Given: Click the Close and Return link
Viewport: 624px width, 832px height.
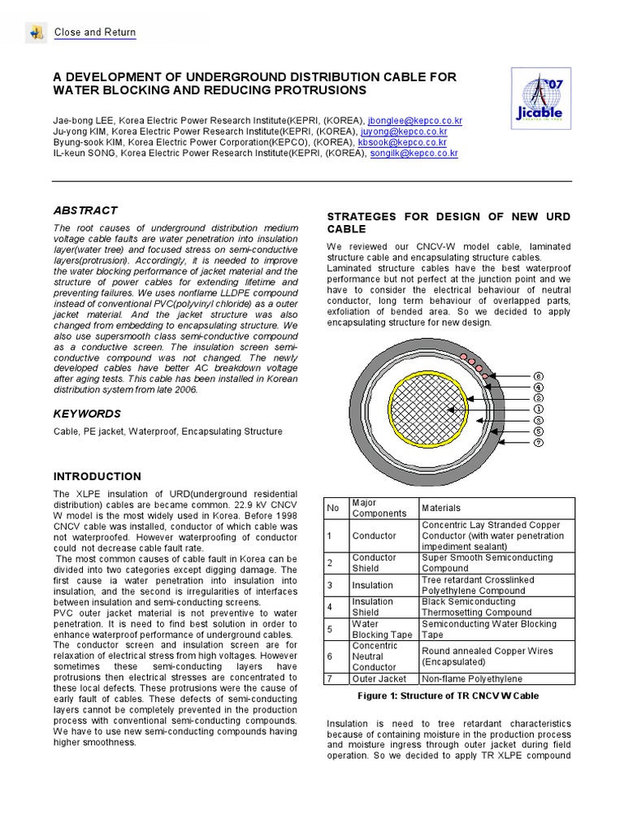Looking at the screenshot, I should [94, 32].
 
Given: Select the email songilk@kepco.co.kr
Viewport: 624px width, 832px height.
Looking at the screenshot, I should [414, 152].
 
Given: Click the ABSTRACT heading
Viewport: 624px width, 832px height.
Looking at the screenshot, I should [85, 210].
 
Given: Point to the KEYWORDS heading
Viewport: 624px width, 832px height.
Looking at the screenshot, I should [87, 414].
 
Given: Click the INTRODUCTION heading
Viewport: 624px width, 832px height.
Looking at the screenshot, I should [97, 476].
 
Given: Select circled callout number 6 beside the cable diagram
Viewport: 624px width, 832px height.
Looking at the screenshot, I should [538, 376].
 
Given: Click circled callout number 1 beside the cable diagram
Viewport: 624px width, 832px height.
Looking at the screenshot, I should [538, 409].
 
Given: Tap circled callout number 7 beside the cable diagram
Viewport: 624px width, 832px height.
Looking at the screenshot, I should [538, 443].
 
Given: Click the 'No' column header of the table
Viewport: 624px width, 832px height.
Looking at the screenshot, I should [332, 508].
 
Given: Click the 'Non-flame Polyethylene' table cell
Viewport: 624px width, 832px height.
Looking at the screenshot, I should [472, 678].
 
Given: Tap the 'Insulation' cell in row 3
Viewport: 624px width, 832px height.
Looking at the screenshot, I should [372, 585].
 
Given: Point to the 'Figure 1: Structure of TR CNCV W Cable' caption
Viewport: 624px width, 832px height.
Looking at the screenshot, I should [448, 696].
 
